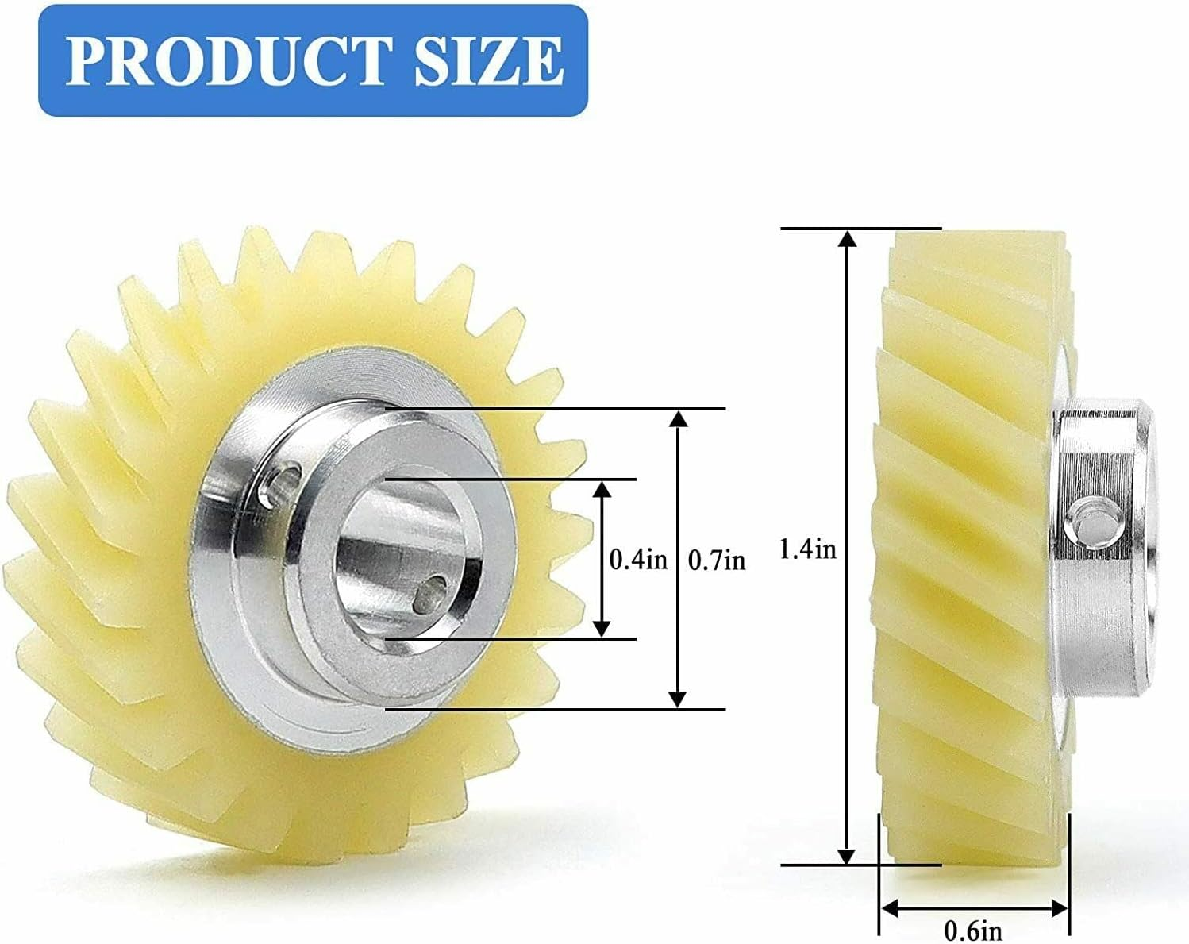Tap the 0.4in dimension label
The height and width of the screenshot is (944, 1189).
[x=638, y=560]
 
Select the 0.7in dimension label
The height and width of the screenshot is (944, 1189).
[x=717, y=561]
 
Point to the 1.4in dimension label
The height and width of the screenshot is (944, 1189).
[x=808, y=549]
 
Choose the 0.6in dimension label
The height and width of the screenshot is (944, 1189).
[x=973, y=929]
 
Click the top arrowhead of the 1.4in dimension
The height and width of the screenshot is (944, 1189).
[x=848, y=238]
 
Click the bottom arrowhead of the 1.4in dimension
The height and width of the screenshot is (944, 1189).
[x=848, y=856]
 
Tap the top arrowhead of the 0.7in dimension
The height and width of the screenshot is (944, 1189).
[x=677, y=418]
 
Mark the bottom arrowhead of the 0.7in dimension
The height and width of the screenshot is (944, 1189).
[x=677, y=699]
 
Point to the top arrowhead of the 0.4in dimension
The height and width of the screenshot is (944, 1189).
[x=603, y=488]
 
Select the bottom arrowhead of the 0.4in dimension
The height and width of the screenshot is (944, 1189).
[x=603, y=629]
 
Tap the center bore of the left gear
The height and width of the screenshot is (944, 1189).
[x=397, y=556]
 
